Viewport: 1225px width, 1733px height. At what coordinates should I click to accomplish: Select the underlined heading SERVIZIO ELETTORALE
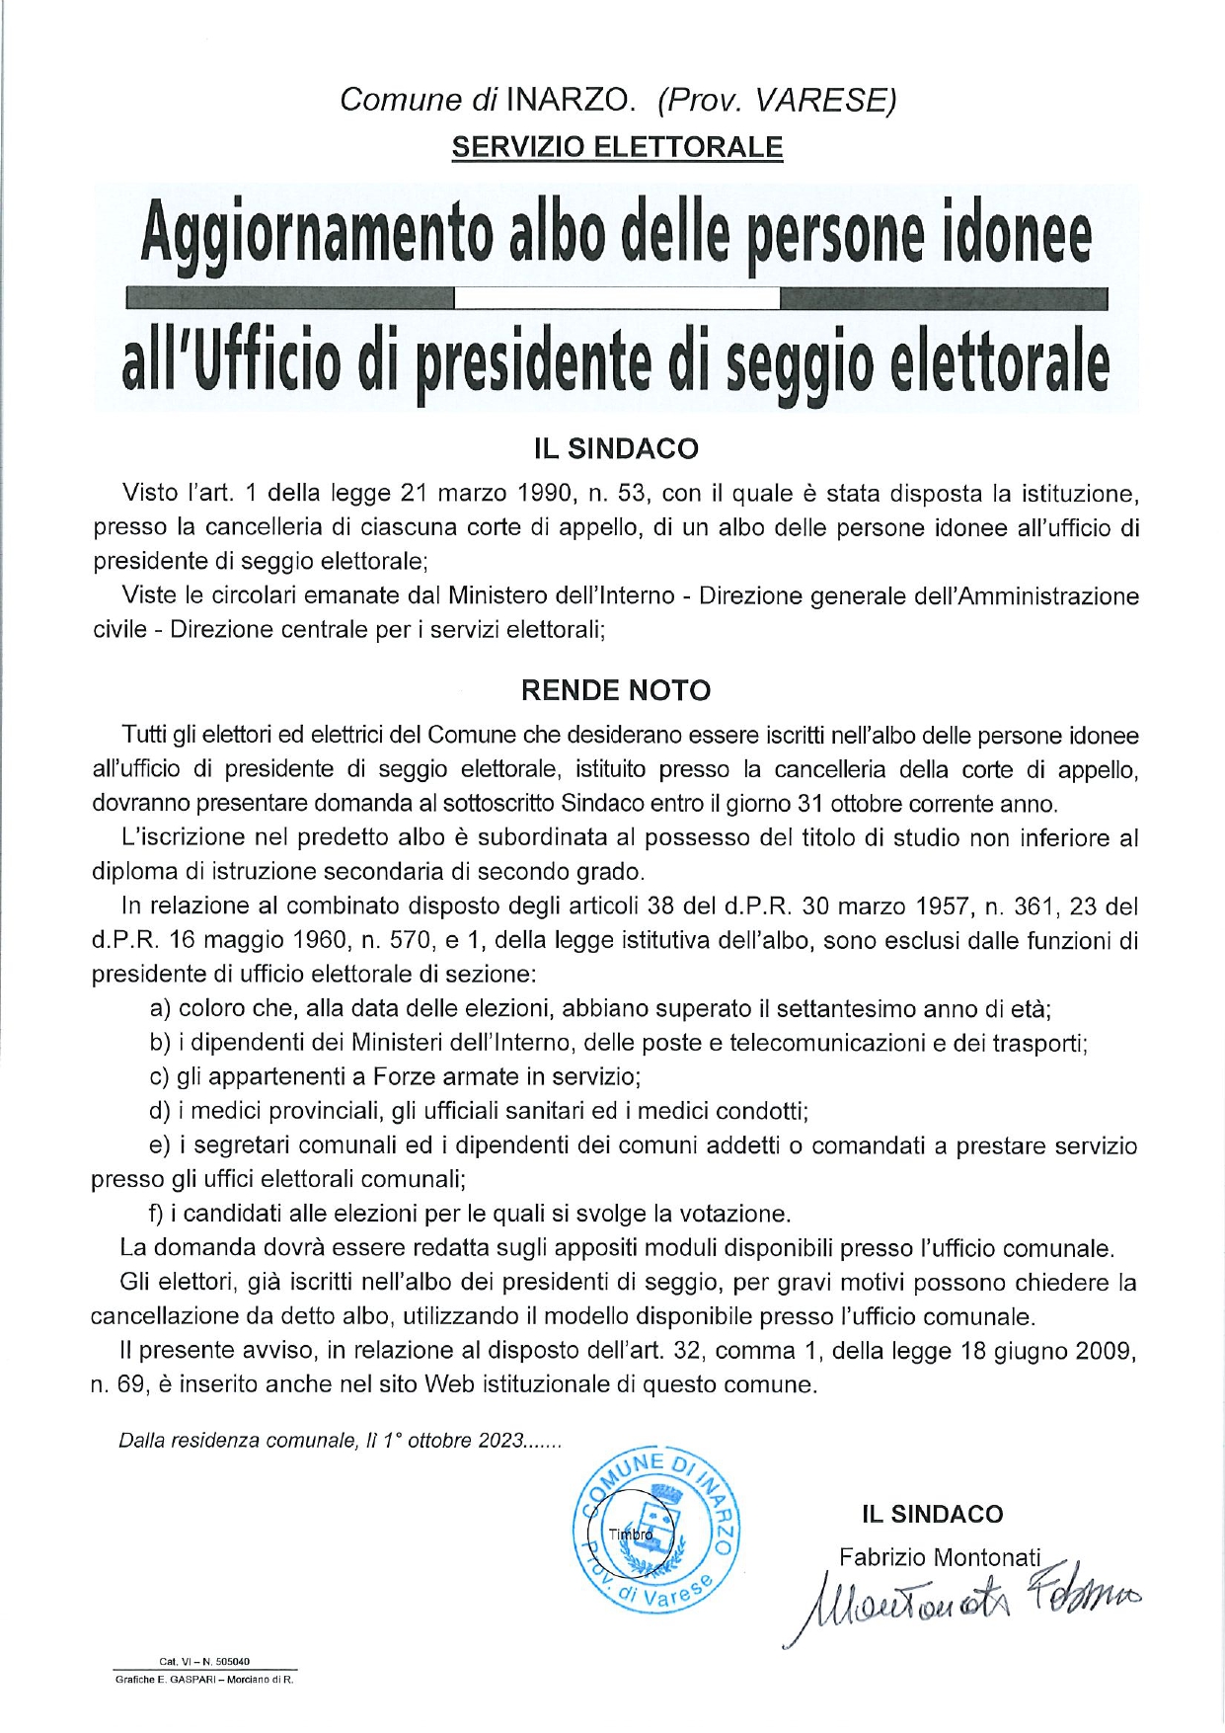(x=617, y=147)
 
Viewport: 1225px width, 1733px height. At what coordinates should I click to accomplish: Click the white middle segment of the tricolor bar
(x=617, y=296)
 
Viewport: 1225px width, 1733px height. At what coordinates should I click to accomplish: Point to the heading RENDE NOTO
(x=616, y=690)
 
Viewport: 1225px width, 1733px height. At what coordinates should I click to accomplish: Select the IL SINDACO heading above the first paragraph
(x=616, y=449)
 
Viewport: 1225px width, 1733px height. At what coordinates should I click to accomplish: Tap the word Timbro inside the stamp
(x=631, y=1535)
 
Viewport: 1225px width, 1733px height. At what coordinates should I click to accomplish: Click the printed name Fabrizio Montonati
(x=939, y=1557)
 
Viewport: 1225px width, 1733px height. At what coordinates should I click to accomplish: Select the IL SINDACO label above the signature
(x=932, y=1514)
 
